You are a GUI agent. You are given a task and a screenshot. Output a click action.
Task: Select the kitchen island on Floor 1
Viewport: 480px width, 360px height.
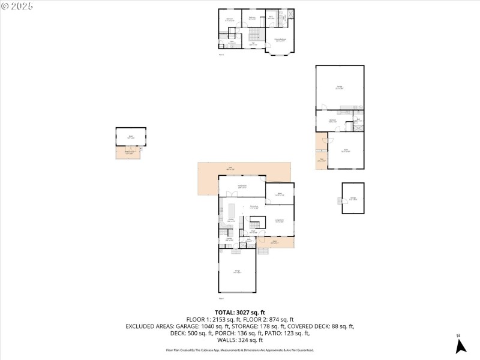point(231,211)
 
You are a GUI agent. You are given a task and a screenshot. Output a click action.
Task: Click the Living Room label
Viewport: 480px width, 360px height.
point(280,221)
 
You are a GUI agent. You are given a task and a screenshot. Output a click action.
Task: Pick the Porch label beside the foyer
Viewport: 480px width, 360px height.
point(274,242)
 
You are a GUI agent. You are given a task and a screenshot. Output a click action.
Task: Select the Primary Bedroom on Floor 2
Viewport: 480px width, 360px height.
point(280,40)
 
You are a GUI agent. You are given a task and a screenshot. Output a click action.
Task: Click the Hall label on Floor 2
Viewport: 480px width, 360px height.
point(253,44)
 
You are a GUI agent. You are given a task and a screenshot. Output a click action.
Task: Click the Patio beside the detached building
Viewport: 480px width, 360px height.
point(321,160)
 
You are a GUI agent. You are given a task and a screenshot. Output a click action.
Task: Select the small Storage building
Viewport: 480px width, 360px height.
point(353,198)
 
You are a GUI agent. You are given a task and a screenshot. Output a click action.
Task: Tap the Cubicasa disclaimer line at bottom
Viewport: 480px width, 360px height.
point(239,350)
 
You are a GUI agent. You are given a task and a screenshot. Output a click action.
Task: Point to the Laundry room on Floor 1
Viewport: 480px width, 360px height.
point(229,239)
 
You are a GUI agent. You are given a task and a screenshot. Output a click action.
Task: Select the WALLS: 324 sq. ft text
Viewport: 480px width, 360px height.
point(239,340)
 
